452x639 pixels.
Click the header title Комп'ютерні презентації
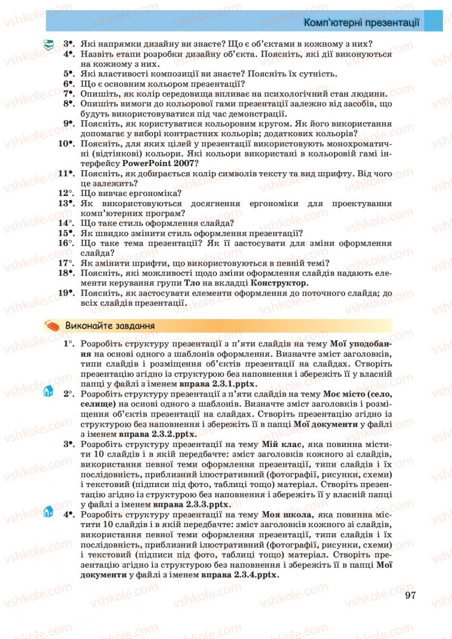(x=361, y=23)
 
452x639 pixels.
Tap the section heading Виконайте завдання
(x=110, y=326)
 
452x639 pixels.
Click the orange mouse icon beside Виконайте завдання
(x=53, y=327)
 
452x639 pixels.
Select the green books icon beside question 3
(x=50, y=44)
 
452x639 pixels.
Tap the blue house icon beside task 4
(x=48, y=512)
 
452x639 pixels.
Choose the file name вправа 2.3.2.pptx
(x=157, y=434)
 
